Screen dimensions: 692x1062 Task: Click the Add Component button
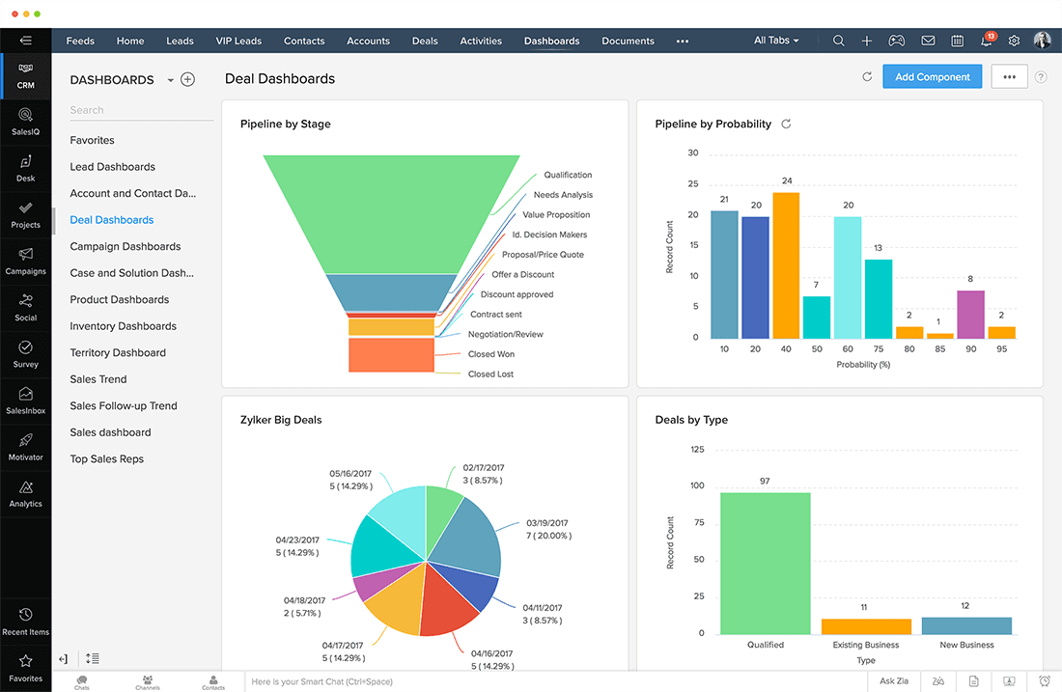pyautogui.click(x=932, y=77)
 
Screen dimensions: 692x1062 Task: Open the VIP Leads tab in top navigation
pyautogui.click(x=238, y=41)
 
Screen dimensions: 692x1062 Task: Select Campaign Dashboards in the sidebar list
pyautogui.click(x=125, y=246)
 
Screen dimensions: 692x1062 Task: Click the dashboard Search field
pyautogui.click(x=141, y=110)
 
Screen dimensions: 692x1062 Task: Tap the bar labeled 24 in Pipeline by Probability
pyautogui.click(x=786, y=264)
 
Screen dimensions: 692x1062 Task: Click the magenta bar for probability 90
pyautogui.click(x=970, y=314)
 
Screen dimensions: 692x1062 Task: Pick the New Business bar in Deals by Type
pyautogui.click(x=966, y=625)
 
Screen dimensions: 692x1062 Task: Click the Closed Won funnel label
pyautogui.click(x=490, y=354)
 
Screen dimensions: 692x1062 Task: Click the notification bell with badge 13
pyautogui.click(x=987, y=41)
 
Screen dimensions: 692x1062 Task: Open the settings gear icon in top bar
pyautogui.click(x=1014, y=41)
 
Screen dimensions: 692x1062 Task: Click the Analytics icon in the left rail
pyautogui.click(x=26, y=492)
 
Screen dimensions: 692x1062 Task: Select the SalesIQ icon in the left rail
pyautogui.click(x=26, y=121)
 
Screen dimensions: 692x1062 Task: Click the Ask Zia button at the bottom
pyautogui.click(x=894, y=681)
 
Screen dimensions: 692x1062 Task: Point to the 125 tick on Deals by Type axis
pyautogui.click(x=697, y=450)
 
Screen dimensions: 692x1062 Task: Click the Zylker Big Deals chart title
pyautogui.click(x=281, y=420)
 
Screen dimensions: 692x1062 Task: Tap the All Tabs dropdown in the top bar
pyautogui.click(x=777, y=41)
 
